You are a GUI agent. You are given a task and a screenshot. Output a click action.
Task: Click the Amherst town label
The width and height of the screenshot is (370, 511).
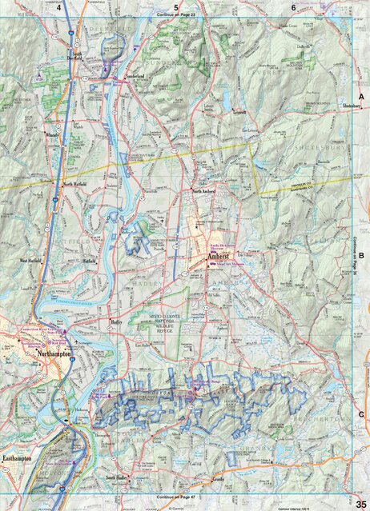click(x=217, y=257)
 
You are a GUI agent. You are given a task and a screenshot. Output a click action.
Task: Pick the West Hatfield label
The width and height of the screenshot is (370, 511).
click(x=34, y=260)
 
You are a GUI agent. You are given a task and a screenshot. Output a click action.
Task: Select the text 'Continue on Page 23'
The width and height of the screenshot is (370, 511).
click(x=185, y=14)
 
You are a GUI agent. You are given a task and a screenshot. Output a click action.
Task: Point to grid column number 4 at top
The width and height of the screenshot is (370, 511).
click(x=59, y=6)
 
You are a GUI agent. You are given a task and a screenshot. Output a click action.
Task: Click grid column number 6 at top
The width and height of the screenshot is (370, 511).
click(x=294, y=6)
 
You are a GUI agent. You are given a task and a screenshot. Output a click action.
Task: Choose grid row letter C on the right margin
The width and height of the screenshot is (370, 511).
click(x=361, y=413)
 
